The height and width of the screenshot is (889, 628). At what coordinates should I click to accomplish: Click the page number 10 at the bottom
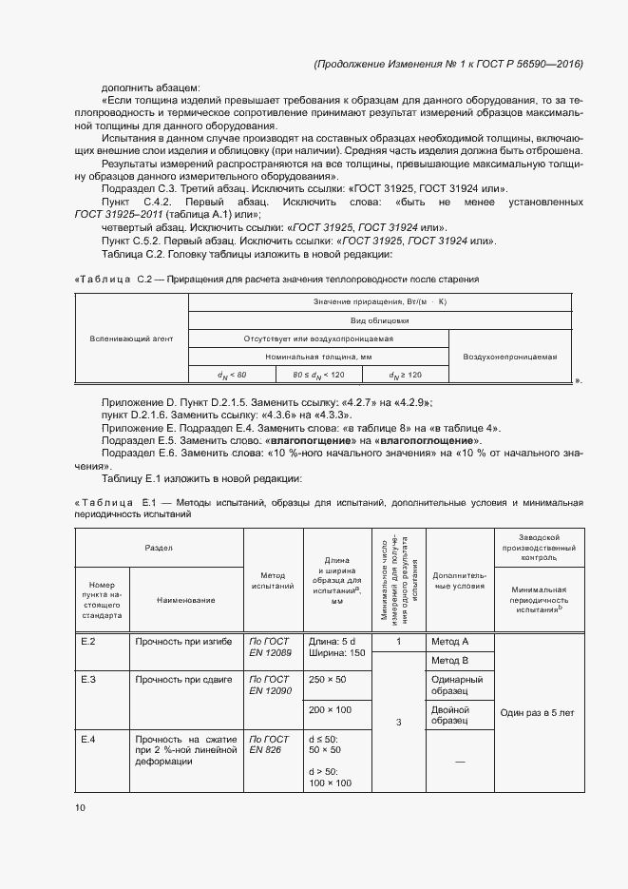[x=80, y=807]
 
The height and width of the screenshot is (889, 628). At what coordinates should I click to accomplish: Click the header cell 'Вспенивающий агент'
[x=131, y=338]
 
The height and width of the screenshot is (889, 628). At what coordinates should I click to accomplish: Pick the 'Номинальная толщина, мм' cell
[x=318, y=356]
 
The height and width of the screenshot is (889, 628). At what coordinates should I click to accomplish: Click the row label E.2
[x=88, y=642]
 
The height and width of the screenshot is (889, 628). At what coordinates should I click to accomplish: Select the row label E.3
[x=88, y=680]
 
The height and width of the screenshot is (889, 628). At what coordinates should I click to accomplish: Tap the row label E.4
[x=88, y=738]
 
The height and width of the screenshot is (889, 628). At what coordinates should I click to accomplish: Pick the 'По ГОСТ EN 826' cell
[x=270, y=744]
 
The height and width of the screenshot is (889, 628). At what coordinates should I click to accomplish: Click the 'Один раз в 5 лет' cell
[x=536, y=711]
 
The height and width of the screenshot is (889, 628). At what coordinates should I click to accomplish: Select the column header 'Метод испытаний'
[x=273, y=580]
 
